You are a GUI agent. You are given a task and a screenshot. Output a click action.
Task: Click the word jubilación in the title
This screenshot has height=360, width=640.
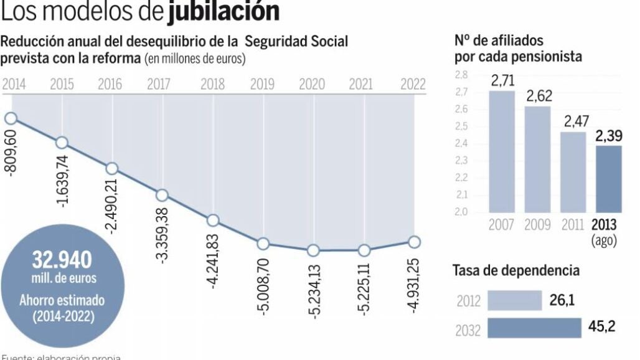[x=223, y=12]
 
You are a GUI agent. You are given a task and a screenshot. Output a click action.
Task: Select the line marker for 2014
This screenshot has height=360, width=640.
[x=11, y=118]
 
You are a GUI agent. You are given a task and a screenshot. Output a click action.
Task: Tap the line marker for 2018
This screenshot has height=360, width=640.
[x=213, y=220]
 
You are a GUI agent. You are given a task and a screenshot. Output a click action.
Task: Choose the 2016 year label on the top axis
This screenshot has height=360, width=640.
[x=110, y=85]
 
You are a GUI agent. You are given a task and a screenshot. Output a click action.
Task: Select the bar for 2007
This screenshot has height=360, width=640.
[x=502, y=151]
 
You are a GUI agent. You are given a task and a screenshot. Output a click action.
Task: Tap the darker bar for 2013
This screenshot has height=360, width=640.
[x=608, y=179]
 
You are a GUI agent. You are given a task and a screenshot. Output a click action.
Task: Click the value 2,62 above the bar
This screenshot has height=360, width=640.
[x=537, y=97]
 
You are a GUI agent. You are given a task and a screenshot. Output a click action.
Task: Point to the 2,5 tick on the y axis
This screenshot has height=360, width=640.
[x=461, y=126]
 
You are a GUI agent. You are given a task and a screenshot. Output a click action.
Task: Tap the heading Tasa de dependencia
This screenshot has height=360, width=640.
[x=515, y=271]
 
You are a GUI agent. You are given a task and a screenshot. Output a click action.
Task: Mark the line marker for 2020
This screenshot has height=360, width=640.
[x=313, y=250]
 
